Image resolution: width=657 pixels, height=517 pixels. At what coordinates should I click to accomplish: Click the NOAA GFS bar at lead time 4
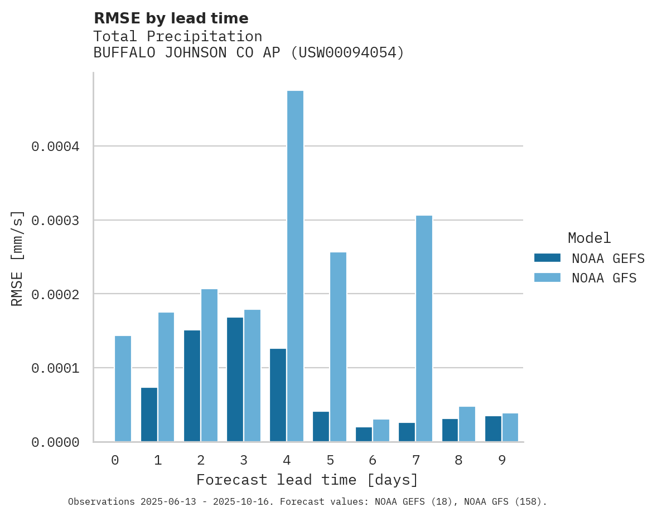(295, 266)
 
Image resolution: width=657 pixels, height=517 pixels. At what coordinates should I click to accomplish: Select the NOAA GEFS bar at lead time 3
(235, 379)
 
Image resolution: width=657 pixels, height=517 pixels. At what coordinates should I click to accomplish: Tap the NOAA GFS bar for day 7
(424, 329)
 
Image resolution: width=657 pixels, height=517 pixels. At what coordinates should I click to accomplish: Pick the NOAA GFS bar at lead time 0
(123, 389)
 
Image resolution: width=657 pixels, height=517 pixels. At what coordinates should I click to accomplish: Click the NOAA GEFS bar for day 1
(149, 414)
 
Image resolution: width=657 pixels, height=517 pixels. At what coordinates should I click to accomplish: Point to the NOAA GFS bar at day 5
(338, 347)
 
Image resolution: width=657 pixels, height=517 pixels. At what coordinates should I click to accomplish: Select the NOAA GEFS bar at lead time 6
(364, 435)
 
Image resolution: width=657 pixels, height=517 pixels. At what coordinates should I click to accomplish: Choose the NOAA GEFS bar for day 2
(192, 386)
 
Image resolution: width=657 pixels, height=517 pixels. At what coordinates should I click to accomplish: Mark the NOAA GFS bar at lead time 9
(510, 427)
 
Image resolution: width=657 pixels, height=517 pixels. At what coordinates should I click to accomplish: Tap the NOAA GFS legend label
(604, 277)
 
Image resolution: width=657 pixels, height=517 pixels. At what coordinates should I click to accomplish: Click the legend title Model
(589, 238)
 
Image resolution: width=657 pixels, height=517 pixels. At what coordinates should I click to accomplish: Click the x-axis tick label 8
(458, 460)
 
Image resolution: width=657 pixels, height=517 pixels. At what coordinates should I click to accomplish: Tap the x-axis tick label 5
(330, 460)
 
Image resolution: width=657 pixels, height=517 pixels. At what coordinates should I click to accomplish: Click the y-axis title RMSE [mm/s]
(17, 257)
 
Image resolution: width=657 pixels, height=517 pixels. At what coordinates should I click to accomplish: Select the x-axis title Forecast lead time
(307, 480)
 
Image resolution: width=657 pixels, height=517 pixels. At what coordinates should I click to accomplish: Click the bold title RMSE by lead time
(171, 18)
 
